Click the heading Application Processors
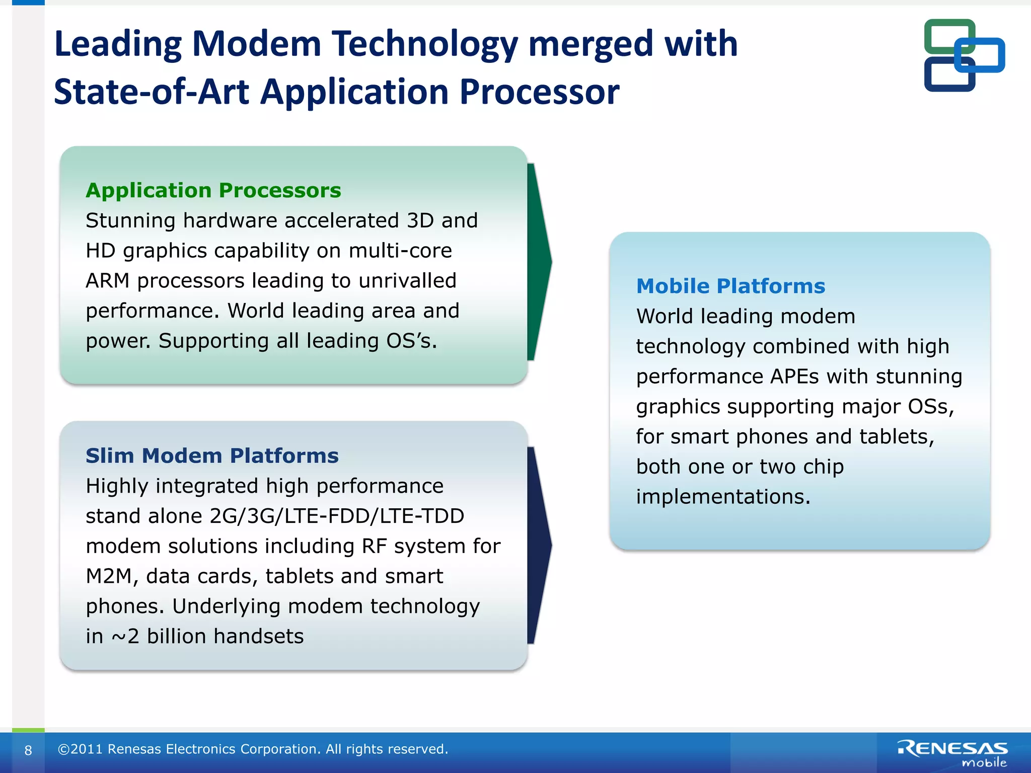tap(213, 190)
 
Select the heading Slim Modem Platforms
tap(212, 455)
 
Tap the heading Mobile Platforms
tap(730, 286)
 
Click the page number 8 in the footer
tap(28, 750)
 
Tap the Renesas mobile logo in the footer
tap(952, 753)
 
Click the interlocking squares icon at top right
tap(963, 55)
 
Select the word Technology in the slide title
tap(424, 44)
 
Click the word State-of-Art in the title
tap(151, 92)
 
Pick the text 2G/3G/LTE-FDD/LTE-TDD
tap(337, 516)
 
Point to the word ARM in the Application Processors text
tap(107, 281)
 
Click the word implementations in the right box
tap(723, 497)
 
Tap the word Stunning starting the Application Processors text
tap(130, 220)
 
